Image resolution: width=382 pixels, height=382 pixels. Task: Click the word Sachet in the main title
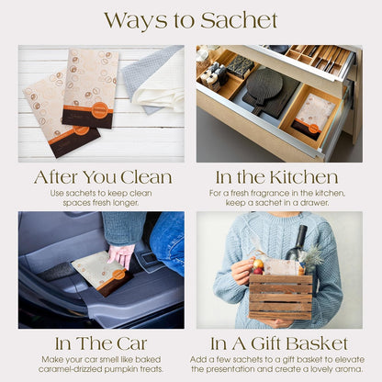click(x=239, y=20)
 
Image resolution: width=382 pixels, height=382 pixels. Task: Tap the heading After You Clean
click(x=103, y=177)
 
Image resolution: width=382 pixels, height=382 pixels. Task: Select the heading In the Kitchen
click(x=276, y=177)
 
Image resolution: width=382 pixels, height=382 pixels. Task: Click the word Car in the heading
click(x=132, y=343)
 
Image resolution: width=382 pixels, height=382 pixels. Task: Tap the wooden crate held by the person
click(x=281, y=297)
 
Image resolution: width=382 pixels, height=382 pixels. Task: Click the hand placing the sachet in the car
click(x=121, y=254)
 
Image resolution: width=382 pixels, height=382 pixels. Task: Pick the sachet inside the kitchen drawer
click(x=309, y=117)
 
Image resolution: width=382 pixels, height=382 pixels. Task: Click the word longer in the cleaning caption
click(x=125, y=203)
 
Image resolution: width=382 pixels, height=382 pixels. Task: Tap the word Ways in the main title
click(x=138, y=20)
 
